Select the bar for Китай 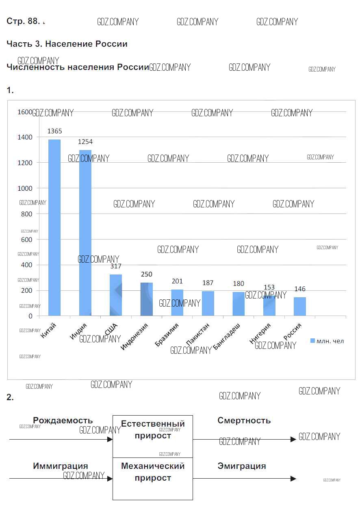pos(54,228)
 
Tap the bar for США pos(116,295)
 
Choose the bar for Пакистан pos(208,303)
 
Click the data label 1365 pos(55,131)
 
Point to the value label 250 pos(147,274)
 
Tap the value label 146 pos(300,289)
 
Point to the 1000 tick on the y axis pos(25,188)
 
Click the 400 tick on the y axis pos(26,265)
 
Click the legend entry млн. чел pos(327,341)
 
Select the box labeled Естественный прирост pos(153,436)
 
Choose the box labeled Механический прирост pos(153,479)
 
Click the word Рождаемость pos(63,420)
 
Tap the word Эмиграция pos(242,466)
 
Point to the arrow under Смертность pos(244,439)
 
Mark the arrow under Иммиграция pos(61,479)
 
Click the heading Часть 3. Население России pos(67,44)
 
